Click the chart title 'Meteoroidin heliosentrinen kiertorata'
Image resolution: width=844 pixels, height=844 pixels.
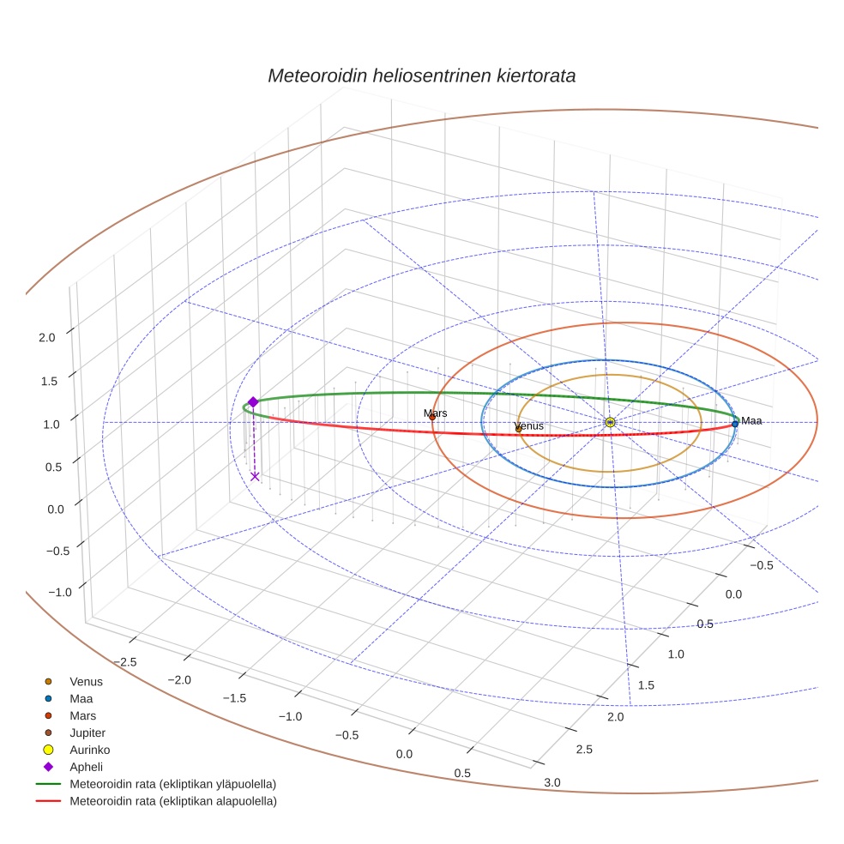coord(421,75)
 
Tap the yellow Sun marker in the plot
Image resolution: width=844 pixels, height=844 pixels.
coord(609,422)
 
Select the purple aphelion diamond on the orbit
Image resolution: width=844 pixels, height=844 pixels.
coord(253,401)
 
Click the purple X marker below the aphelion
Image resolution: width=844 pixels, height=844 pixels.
coord(255,477)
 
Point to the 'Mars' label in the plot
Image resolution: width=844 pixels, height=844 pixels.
coord(436,413)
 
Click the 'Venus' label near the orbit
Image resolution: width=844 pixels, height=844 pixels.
coord(528,426)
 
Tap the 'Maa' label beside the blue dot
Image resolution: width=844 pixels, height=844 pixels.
coord(751,420)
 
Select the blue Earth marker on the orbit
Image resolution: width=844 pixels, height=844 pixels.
coord(735,424)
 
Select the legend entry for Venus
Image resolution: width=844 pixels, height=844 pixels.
coord(86,682)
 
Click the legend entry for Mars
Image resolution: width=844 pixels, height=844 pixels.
coord(82,715)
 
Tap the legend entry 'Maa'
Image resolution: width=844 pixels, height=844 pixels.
coord(81,699)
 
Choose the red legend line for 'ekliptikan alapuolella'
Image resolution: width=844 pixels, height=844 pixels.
coord(48,801)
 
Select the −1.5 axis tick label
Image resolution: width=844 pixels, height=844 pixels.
coord(234,697)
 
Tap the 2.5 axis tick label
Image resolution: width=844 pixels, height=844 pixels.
coord(584,750)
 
